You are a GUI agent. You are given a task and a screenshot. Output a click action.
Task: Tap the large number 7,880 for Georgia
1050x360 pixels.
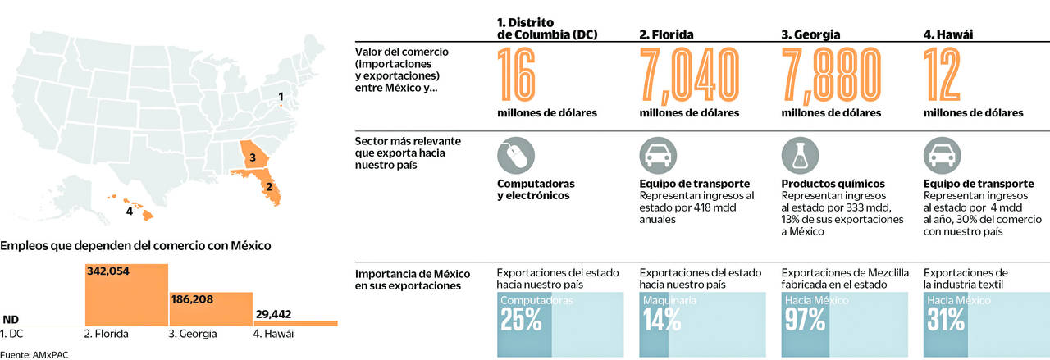[834, 75]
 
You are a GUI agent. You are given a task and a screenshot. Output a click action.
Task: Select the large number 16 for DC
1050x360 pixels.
[517, 75]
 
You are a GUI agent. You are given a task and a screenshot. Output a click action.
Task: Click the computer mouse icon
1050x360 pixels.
[516, 155]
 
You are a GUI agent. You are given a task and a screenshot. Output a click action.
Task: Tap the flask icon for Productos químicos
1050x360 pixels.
[801, 155]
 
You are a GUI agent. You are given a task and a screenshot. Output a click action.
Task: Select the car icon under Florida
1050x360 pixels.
[658, 155]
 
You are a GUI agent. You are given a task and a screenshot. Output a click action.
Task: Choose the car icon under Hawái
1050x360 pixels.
[943, 155]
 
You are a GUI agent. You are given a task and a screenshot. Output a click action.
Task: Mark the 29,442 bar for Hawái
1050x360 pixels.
[295, 323]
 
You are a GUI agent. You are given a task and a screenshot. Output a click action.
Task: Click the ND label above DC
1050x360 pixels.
[11, 320]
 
